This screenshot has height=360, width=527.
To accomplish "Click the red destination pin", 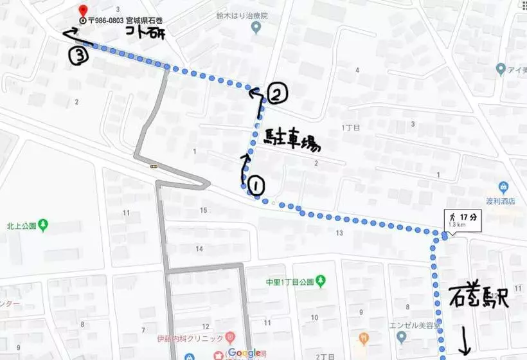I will click(82, 11).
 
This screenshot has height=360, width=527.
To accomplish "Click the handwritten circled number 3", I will click(78, 56).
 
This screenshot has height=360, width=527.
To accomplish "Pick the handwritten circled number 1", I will click(255, 186).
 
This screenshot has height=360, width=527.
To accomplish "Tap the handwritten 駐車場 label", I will click(292, 139).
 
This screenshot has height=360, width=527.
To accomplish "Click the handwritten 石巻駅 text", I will click(478, 296).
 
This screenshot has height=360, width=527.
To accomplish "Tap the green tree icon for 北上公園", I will click(43, 225).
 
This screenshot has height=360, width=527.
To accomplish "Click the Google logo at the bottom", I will click(242, 352).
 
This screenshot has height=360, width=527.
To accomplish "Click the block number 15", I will click(204, 210).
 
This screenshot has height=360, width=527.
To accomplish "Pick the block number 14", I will click(199, 249).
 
